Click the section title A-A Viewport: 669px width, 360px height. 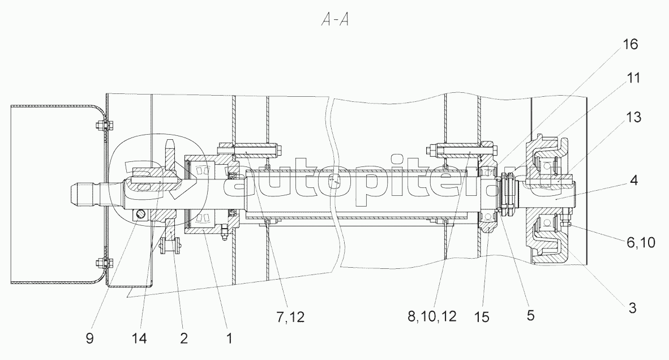335,20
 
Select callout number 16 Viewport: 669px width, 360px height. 630,44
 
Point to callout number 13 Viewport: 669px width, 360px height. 633,117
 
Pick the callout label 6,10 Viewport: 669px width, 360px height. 641,242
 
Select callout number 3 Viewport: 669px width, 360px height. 633,307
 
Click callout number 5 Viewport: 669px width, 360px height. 530,315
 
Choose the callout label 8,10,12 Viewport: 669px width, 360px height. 432,316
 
